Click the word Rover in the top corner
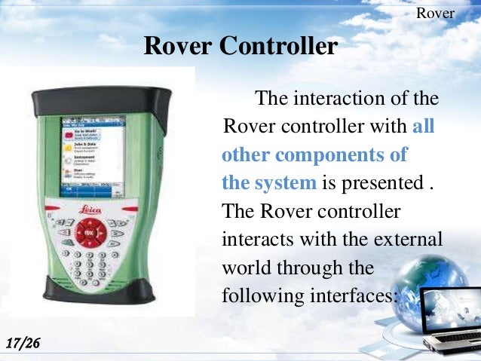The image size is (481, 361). click(x=436, y=14)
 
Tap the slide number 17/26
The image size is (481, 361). click(x=23, y=344)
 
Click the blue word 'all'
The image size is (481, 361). click(x=424, y=126)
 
